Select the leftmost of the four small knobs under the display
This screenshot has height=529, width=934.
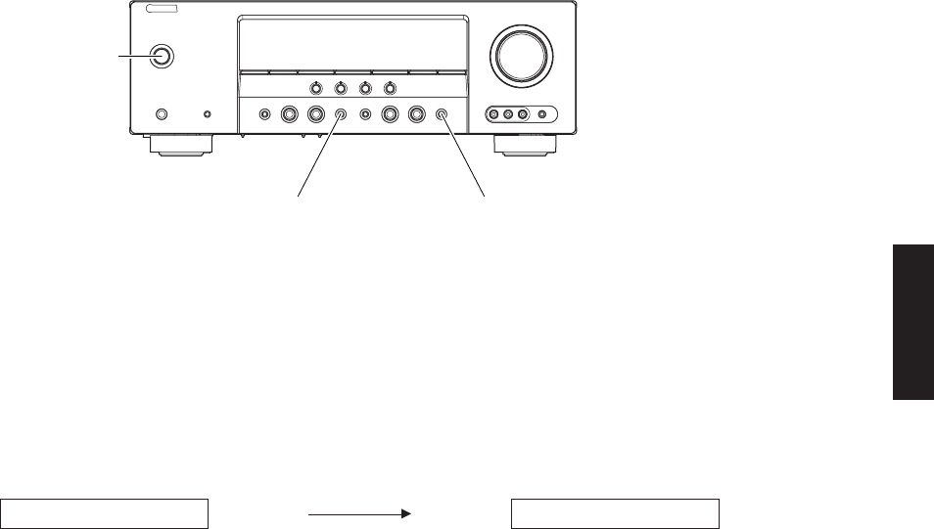[x=315, y=87]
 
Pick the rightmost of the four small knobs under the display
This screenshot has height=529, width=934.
[x=390, y=87]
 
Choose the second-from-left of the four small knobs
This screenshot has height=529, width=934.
[x=340, y=87]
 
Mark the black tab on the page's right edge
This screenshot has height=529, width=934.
[x=912, y=322]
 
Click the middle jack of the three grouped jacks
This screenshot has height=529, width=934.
[x=508, y=114]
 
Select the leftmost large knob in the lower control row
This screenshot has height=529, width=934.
[x=291, y=114]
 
